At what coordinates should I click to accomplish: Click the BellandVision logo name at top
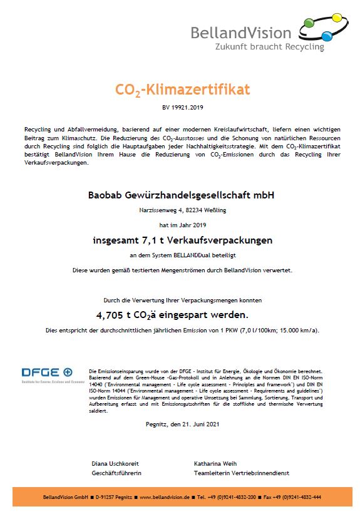(x=241, y=33)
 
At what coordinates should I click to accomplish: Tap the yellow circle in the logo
(x=336, y=18)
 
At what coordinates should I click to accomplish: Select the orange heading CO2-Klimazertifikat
(x=183, y=90)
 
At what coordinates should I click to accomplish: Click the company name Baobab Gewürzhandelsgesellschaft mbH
(x=180, y=195)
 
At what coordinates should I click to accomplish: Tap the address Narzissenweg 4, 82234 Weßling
(x=180, y=211)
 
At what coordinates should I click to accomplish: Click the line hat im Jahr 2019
(x=180, y=224)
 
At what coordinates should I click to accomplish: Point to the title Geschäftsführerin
(x=116, y=473)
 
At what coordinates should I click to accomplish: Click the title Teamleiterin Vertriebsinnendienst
(x=242, y=473)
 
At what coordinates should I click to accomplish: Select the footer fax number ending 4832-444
(x=295, y=497)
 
